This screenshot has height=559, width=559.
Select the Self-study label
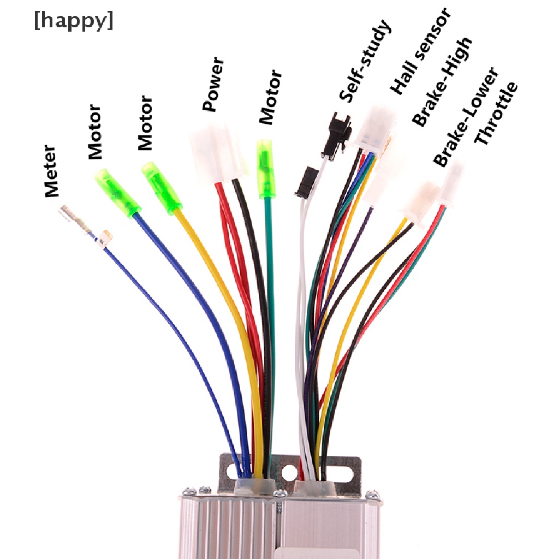[x=365, y=61]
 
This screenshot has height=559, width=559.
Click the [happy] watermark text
[x=73, y=20]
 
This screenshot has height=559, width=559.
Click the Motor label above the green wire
[x=270, y=97]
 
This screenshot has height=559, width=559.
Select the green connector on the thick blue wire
[x=117, y=192]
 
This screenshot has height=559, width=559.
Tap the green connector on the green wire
[x=266, y=168]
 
